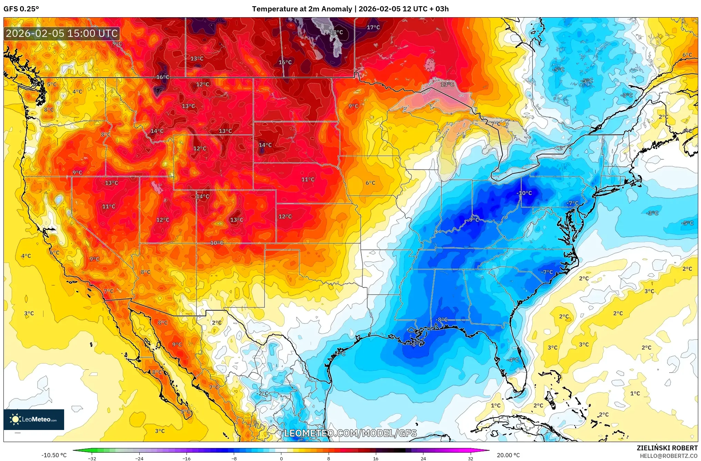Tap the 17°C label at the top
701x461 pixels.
click(373, 27)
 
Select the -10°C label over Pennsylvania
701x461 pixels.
click(524, 193)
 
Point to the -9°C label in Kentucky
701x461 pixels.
click(473, 219)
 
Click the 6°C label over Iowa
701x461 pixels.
click(370, 183)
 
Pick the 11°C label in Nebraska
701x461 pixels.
click(308, 180)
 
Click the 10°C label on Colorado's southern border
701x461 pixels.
click(217, 243)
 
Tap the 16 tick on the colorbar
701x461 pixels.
click(375, 458)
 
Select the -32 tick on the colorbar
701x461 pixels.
click(92, 458)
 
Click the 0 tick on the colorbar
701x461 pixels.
click(281, 458)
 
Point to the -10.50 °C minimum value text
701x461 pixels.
click(54, 455)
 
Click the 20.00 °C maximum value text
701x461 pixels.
click(508, 455)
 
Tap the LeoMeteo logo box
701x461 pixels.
click(34, 419)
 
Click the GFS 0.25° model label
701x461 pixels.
click(21, 9)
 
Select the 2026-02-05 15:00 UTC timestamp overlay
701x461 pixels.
click(62, 33)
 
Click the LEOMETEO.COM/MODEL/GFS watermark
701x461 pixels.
click(350, 433)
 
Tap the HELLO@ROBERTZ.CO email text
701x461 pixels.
click(669, 456)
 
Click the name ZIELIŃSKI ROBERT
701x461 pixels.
click(667, 448)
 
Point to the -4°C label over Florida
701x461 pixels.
click(513, 360)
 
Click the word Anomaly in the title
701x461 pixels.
click(337, 9)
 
